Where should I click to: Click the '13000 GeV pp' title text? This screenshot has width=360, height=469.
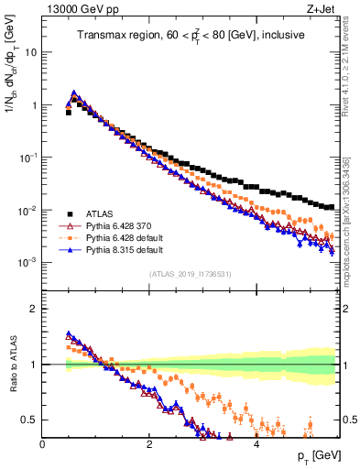(77, 8)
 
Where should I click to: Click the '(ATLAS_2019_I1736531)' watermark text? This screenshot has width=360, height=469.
(190, 274)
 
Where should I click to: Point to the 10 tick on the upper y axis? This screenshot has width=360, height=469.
(30, 52)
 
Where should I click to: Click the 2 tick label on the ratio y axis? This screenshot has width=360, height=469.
(33, 309)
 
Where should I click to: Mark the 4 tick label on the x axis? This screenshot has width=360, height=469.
(256, 444)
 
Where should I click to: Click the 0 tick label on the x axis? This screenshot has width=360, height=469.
(42, 444)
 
